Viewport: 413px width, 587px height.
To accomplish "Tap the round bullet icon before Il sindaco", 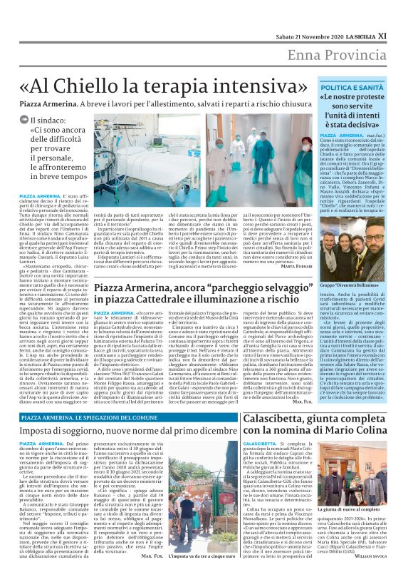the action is click(24, 120).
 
